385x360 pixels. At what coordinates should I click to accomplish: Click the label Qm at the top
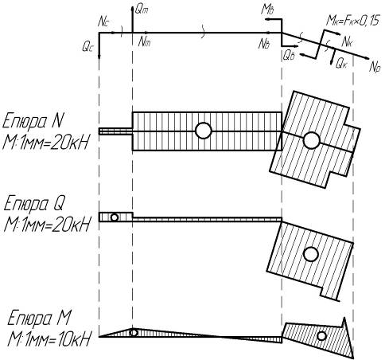[142, 10]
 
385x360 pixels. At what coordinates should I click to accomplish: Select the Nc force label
[103, 22]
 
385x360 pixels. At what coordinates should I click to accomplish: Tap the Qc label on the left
[87, 47]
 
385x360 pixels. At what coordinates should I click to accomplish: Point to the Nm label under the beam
[144, 42]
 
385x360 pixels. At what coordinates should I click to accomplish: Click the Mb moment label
[267, 10]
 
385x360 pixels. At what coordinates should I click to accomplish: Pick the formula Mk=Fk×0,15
[353, 21]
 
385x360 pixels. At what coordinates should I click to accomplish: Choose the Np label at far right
[375, 66]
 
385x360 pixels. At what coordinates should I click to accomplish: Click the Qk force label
[341, 64]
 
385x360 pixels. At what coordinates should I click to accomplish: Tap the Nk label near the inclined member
[347, 42]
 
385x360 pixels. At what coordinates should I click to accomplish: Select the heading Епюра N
[33, 121]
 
